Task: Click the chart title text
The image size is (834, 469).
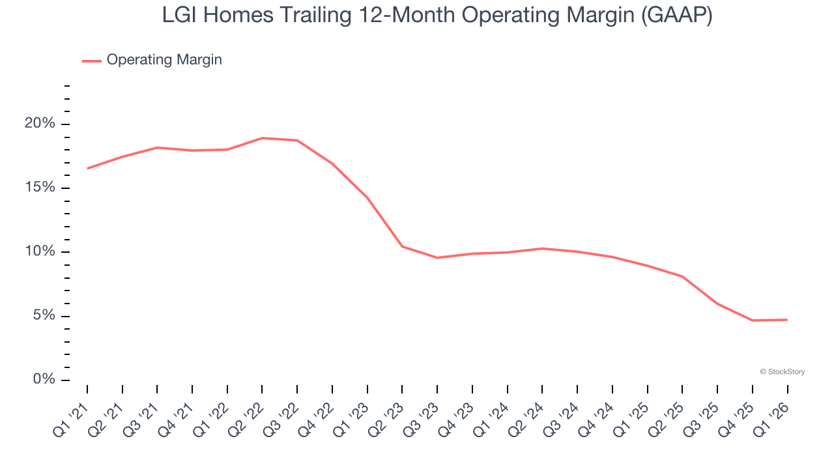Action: [x=437, y=15]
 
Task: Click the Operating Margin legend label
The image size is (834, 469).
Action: [x=164, y=60]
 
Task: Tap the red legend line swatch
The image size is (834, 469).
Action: [x=91, y=61]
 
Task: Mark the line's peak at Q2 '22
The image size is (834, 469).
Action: [x=262, y=138]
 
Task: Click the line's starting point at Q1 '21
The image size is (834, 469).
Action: [x=87, y=169]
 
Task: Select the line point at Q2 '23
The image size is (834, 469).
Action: [x=402, y=246]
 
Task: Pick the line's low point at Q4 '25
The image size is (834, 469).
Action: [x=753, y=320]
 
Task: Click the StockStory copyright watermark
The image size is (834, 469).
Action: [x=782, y=372]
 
